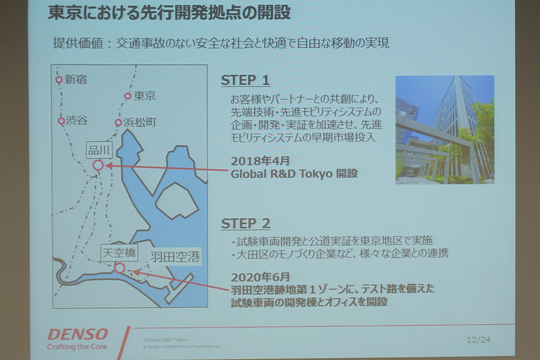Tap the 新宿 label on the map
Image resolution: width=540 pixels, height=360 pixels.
pyautogui.click(x=76, y=80)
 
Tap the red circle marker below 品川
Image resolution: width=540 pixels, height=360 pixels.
pyautogui.click(x=98, y=164)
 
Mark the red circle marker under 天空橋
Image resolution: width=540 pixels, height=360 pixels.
pyautogui.click(x=119, y=267)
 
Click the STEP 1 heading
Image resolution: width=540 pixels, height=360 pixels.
pyautogui.click(x=245, y=80)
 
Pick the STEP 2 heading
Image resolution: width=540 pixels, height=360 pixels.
pyautogui.click(x=246, y=224)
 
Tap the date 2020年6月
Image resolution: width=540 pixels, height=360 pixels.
pyautogui.click(x=260, y=277)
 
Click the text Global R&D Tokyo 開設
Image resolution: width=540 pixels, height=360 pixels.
pyautogui.click(x=294, y=174)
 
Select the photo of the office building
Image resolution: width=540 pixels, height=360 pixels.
pyautogui.click(x=444, y=130)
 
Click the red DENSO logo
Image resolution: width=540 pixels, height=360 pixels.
pyautogui.click(x=78, y=334)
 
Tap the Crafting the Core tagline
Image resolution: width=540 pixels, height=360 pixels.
pyautogui.click(x=78, y=348)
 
